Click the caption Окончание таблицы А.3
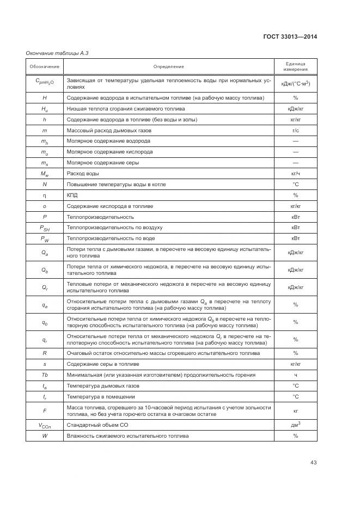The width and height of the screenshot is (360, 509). coord(57,53)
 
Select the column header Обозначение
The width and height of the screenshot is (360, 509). coord(45,66)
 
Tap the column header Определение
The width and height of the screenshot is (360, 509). coord(168,66)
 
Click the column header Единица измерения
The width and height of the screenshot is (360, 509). coord(295,66)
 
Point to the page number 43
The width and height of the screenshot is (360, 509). coord(313,463)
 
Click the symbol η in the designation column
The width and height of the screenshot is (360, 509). coord(45,195)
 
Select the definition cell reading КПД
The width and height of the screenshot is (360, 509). coord(72,195)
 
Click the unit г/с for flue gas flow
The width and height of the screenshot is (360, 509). coord(295,131)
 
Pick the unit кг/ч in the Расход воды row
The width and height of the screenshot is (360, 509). coord(295,173)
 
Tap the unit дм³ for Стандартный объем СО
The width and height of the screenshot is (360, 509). coord(295,425)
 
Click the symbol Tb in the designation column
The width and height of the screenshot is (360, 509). coord(45,375)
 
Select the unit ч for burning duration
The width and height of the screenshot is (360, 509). coord(295,375)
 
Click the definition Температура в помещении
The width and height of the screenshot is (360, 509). coord(101,396)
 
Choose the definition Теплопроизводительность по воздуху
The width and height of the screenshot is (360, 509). coord(114,227)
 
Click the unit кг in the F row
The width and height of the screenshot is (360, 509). coord(295,410)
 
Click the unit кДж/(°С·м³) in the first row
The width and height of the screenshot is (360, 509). coord(295,83)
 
